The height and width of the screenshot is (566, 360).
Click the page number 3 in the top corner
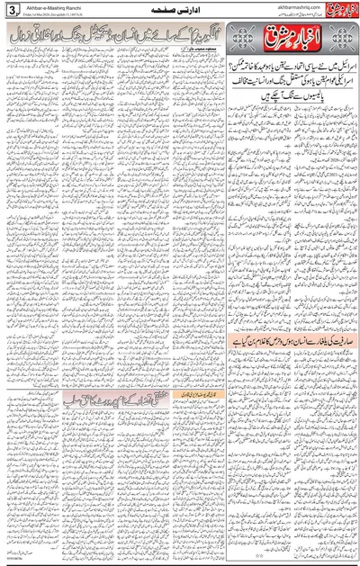point(10,10)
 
